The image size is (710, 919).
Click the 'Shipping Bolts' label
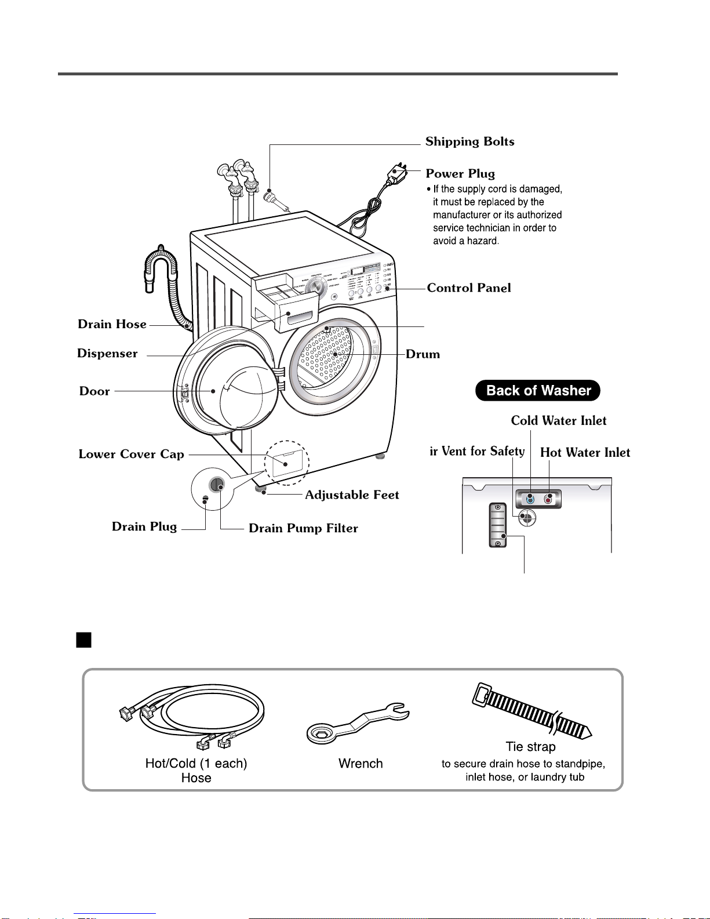click(469, 142)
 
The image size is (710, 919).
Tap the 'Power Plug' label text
click(460, 174)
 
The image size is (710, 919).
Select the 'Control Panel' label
click(469, 288)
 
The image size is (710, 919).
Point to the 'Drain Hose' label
click(112, 324)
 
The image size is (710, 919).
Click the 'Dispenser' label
click(107, 354)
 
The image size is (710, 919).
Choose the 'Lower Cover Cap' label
click(132, 455)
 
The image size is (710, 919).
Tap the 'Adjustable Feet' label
click(352, 495)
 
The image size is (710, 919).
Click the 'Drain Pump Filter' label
click(303, 528)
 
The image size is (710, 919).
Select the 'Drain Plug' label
click(144, 527)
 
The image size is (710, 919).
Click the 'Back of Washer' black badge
click(537, 391)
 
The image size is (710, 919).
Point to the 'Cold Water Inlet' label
click(559, 421)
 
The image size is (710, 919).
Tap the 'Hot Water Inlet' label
click(585, 453)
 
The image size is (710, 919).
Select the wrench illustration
click(356, 722)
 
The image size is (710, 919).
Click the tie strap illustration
click(530, 712)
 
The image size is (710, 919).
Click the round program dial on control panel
click(316, 286)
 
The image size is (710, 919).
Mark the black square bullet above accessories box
click(84, 640)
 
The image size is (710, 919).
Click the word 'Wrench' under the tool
click(361, 764)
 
